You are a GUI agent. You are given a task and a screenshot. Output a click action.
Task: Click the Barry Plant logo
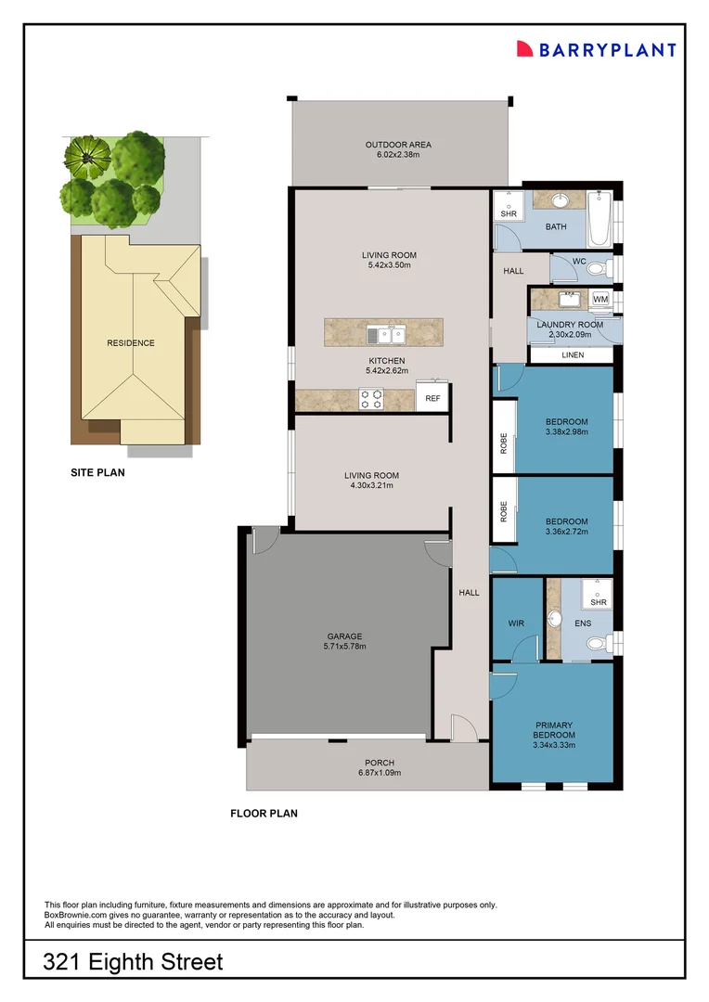tap(596, 49)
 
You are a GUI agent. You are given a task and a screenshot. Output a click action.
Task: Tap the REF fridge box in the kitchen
tap(432, 398)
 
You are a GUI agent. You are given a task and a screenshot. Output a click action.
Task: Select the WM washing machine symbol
tap(600, 299)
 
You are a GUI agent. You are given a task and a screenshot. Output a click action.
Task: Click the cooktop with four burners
tap(371, 399)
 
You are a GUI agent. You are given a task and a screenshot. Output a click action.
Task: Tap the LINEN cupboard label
tap(573, 355)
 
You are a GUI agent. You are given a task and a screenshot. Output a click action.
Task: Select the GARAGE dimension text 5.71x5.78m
tap(345, 647)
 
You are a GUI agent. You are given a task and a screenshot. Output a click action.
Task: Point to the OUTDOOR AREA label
tap(398, 145)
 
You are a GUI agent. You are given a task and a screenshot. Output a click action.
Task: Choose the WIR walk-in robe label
tap(516, 623)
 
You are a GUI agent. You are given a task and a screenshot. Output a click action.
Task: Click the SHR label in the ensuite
tap(599, 603)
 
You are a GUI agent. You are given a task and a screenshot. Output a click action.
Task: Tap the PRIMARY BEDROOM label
tap(554, 730)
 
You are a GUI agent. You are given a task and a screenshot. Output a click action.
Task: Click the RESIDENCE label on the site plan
tap(131, 343)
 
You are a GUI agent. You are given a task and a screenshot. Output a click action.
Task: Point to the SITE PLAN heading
tap(97, 472)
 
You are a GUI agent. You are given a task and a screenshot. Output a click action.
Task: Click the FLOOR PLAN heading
tap(264, 814)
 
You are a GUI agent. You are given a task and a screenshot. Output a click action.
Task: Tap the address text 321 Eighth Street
tap(134, 962)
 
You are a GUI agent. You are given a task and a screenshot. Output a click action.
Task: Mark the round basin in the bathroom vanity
tap(562, 200)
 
